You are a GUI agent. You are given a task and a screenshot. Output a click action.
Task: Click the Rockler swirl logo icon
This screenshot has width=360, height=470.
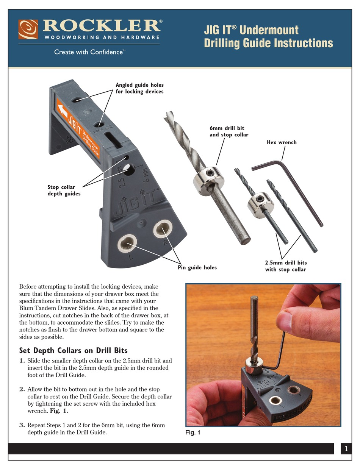28,29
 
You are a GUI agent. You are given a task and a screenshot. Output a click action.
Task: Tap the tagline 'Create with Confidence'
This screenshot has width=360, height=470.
89,52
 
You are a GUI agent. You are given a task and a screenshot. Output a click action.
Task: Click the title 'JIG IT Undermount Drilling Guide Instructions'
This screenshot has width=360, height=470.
268,36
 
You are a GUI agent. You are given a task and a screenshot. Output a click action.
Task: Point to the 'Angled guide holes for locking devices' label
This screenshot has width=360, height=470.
139,88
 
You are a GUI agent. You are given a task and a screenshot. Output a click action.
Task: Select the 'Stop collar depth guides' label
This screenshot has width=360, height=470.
64,190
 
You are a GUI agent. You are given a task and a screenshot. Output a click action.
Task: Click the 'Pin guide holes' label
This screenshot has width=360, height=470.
197,267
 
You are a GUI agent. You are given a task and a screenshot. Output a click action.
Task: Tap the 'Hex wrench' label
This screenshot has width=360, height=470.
282,142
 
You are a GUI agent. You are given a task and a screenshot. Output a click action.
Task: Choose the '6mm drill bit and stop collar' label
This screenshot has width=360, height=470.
229,131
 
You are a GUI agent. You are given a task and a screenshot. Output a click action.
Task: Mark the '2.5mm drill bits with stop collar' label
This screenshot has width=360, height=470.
286,266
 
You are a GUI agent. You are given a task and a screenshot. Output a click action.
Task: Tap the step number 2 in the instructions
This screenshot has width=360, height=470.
22,389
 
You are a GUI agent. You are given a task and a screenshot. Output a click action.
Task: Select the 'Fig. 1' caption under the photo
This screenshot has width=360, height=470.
193,433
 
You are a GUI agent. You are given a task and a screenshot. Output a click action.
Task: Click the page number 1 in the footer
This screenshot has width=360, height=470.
346,449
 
